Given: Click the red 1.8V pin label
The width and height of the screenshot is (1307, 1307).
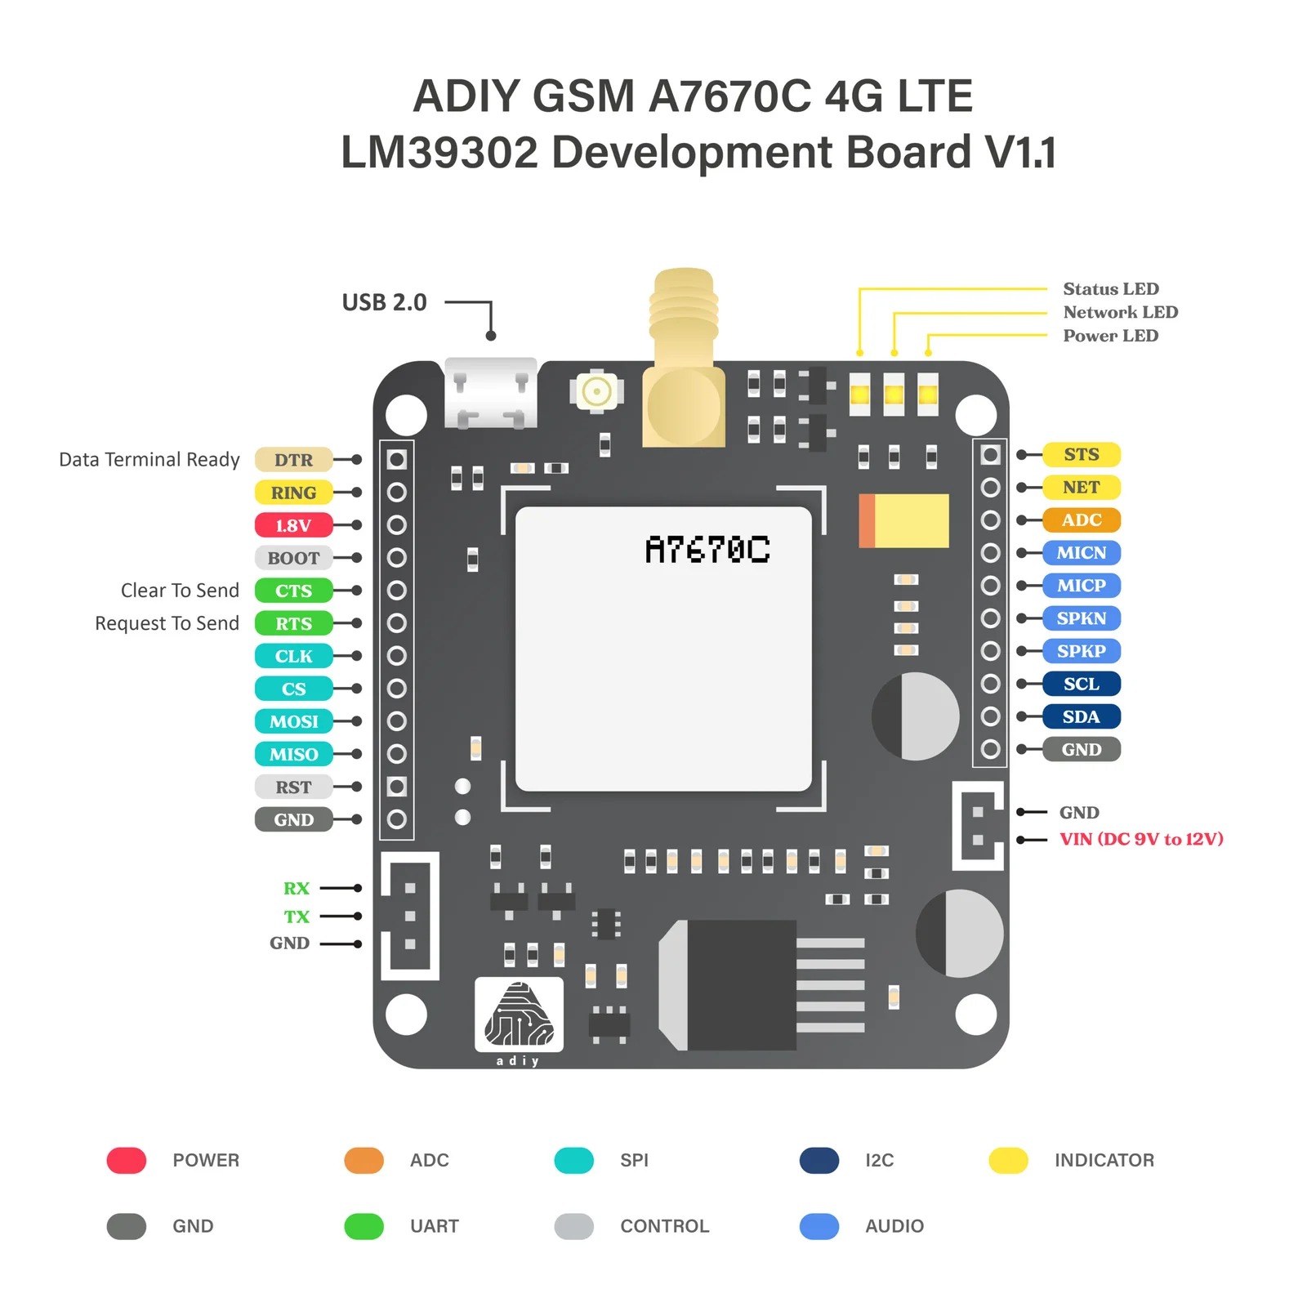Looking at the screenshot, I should pos(293,525).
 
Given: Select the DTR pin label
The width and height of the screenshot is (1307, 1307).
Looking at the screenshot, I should pos(293,460).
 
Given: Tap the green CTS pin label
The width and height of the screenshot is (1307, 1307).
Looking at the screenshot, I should pos(293,591).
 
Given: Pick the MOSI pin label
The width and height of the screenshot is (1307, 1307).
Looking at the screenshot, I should pos(293,721).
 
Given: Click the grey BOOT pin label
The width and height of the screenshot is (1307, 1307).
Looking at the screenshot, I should pos(293,558).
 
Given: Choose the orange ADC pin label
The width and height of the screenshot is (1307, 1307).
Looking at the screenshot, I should pos(1081,520).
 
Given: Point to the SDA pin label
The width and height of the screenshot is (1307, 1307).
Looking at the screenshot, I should pos(1081,716).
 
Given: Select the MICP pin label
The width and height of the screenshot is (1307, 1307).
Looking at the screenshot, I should pos(1081,586).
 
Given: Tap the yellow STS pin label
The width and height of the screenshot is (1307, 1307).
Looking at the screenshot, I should pos(1081,455).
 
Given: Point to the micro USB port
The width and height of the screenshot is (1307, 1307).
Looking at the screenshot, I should pos(490,394).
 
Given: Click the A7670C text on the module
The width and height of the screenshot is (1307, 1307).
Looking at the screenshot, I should pos(707,550).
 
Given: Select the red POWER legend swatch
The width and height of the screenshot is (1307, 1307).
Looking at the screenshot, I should pos(127,1160).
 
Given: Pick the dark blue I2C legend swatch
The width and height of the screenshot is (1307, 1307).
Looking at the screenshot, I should pos(819,1160).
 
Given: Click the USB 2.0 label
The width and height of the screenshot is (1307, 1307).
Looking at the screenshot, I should pos(384,303).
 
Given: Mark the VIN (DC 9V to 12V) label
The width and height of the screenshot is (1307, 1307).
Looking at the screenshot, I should pos(1141,839).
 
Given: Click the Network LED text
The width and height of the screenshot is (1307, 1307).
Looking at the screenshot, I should pos(1120,312).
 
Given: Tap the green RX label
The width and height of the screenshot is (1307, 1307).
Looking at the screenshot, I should pos(297,888).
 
